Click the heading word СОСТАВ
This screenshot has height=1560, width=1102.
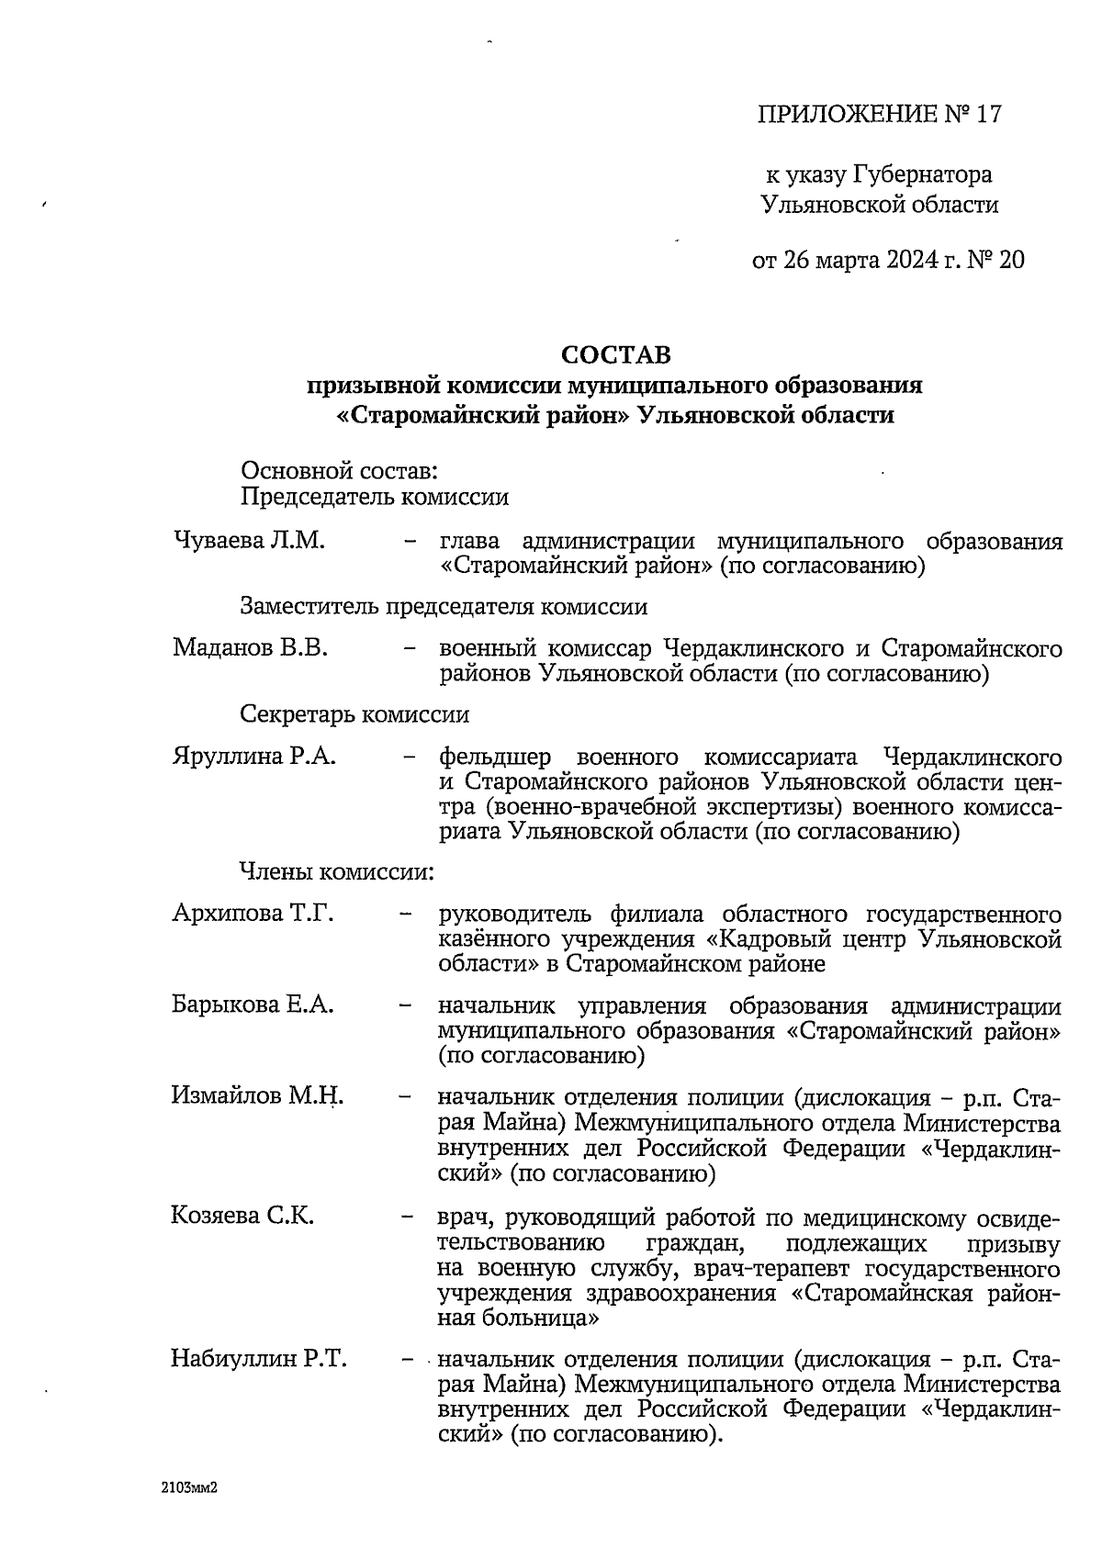pos(616,354)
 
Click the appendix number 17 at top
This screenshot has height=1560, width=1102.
pos(987,115)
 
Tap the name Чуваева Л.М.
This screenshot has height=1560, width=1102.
pos(249,541)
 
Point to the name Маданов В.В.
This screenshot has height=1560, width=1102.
pos(250,648)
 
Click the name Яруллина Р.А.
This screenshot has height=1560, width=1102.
pos(254,757)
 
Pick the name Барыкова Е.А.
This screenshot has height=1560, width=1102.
pos(253,1004)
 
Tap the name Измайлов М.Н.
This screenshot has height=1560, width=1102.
pos(257,1095)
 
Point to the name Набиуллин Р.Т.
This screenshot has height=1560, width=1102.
pos(258,1359)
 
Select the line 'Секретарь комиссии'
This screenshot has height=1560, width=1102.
pos(354,714)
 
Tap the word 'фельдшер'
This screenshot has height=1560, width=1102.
pos(495,758)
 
